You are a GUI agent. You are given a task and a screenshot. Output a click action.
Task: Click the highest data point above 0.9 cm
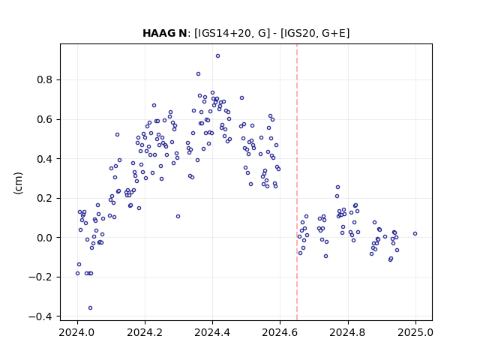(217, 56)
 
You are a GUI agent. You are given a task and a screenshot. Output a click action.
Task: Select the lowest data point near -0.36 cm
(90, 308)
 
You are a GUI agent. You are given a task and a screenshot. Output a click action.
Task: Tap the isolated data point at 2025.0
(415, 233)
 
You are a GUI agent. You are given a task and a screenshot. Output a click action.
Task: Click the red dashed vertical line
(297, 182)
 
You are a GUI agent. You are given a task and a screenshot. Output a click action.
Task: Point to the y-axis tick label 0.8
(45, 80)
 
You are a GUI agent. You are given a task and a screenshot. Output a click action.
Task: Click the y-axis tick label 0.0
(45, 238)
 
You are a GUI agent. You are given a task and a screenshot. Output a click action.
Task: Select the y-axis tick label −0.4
(40, 316)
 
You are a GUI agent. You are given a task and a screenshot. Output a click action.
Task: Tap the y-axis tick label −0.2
(40, 277)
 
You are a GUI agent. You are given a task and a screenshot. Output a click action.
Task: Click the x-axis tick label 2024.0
(77, 332)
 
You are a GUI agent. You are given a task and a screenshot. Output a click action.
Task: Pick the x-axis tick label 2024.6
(280, 332)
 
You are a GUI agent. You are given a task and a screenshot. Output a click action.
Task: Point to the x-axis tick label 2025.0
(415, 332)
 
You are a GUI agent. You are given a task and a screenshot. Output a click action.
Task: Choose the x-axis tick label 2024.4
(212, 332)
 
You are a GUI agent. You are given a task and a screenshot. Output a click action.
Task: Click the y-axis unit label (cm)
(18, 183)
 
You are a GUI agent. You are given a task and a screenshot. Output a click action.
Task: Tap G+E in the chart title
(334, 33)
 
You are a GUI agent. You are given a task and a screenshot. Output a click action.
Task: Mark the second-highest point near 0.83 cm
(198, 74)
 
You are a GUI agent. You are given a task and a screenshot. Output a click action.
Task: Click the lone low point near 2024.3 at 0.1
(178, 217)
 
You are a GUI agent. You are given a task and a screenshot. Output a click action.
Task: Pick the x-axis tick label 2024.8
(348, 332)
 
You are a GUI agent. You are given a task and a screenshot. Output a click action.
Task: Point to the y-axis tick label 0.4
(45, 159)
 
